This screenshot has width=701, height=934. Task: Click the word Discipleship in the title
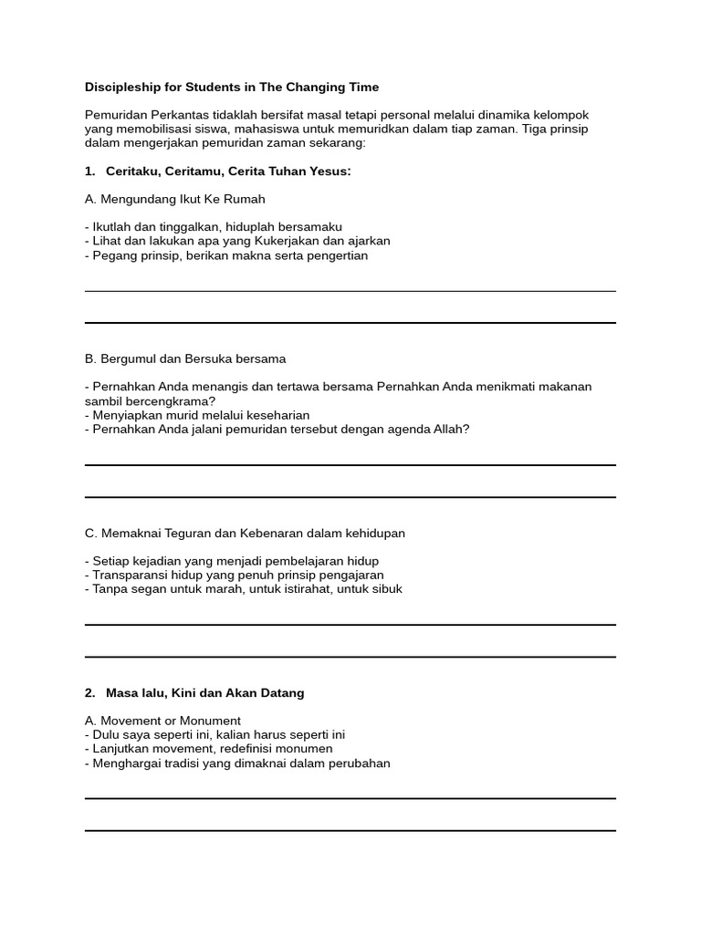coord(123,88)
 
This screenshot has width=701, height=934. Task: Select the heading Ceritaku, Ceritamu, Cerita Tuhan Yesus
coord(228,171)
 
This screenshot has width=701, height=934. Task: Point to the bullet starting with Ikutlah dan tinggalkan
coord(214,227)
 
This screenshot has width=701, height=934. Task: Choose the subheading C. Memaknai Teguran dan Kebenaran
coord(245,533)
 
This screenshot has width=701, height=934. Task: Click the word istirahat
coord(298,589)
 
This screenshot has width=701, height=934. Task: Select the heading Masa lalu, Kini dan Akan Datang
coord(204,693)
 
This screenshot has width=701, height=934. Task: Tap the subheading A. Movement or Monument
coord(162,721)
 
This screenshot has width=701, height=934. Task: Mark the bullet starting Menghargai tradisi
coord(237,763)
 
